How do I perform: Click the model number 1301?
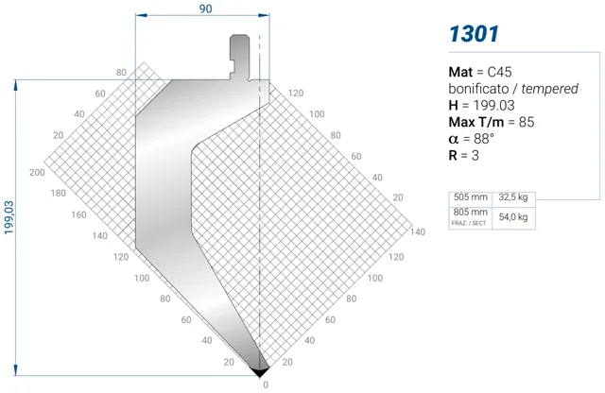(x=474, y=34)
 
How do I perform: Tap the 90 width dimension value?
(x=206, y=9)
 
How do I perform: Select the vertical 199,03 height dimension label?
(x=9, y=217)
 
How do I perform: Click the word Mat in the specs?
(x=460, y=72)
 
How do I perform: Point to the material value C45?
(x=499, y=72)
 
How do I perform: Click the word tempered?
(x=549, y=89)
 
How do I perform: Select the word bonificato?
(x=478, y=89)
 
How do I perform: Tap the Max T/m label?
(x=476, y=122)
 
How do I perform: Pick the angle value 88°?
(x=484, y=139)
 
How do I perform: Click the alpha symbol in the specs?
(x=454, y=139)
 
